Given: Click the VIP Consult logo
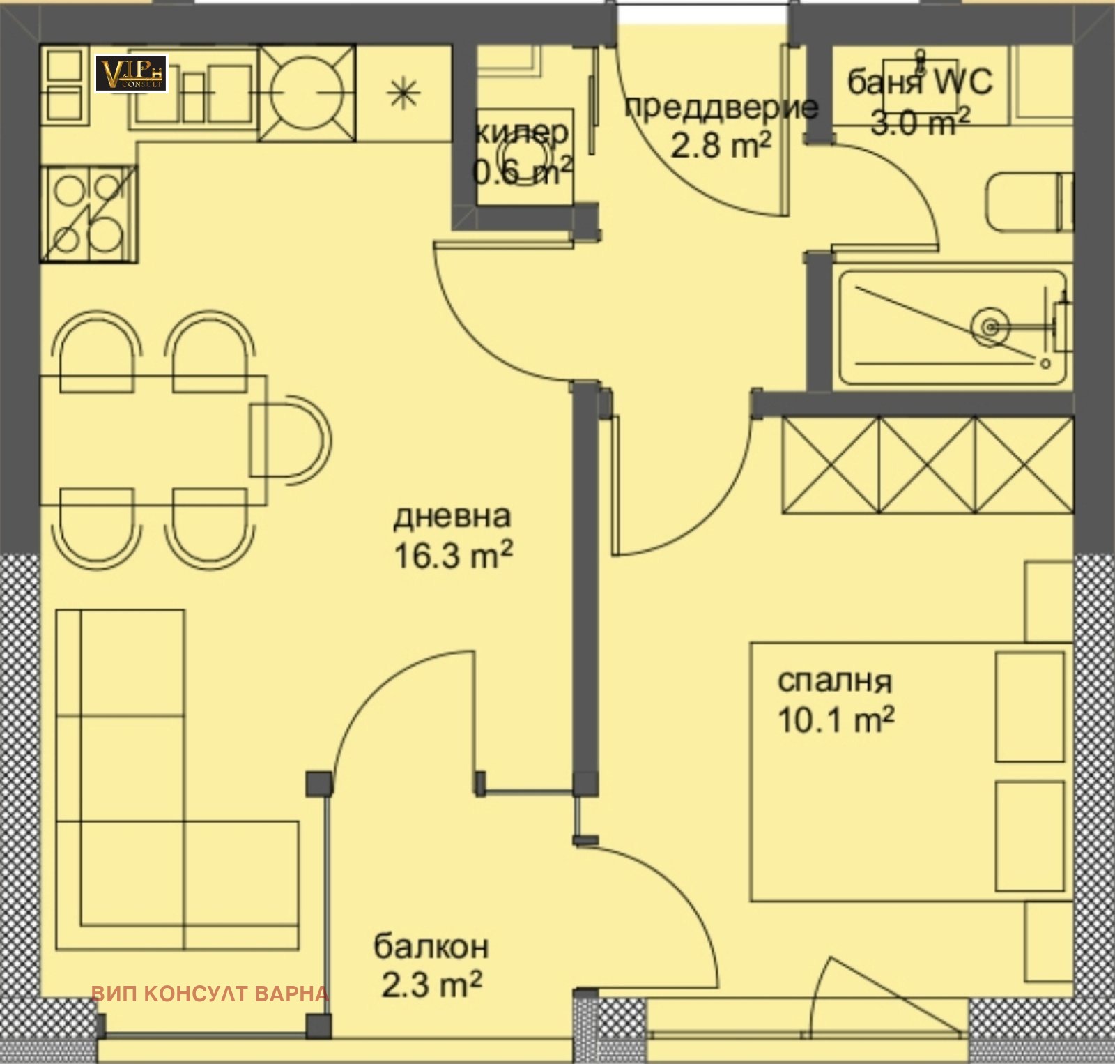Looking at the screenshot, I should [131, 73].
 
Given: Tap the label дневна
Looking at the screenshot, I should [452, 517].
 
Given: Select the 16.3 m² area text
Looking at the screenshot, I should [454, 556].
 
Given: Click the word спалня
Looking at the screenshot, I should [834, 681].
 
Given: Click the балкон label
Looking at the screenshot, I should [431, 946].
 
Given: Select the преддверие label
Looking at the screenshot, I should [721, 107].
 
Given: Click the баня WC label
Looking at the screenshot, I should [919, 82].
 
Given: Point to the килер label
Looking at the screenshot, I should [521, 132].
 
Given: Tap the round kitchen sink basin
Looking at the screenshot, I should [307, 93].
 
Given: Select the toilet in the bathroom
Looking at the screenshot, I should [1027, 202].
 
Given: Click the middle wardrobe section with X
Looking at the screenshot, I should [926, 466].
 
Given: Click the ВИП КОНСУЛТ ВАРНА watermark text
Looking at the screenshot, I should [210, 994].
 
